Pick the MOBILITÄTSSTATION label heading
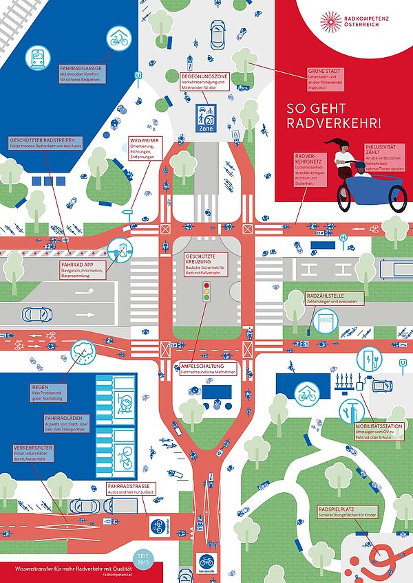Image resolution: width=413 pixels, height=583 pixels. point(376,426)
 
